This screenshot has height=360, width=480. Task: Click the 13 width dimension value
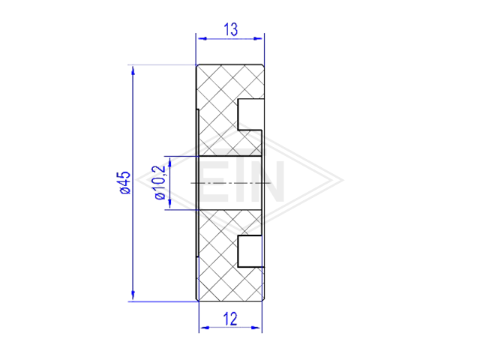230,30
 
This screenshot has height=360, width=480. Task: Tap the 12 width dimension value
230,319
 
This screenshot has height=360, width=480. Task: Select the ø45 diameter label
125,183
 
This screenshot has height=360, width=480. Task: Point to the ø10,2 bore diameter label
160,183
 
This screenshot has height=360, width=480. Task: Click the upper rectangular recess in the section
250,114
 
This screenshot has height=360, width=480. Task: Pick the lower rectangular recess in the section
250,251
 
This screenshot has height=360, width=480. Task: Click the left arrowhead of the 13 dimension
202,38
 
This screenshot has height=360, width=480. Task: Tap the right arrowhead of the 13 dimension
258,38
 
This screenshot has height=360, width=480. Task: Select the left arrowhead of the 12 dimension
205,328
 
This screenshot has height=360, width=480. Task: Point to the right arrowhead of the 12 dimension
256,328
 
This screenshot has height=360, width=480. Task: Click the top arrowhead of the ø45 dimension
133,70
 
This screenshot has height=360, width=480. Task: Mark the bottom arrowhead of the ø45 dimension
133,295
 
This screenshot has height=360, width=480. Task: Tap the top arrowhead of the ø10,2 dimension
169,162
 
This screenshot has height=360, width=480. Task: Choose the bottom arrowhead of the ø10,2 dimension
169,203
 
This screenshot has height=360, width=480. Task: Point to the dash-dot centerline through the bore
231,183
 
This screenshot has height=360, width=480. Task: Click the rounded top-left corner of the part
197,66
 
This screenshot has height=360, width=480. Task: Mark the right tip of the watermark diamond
343,180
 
